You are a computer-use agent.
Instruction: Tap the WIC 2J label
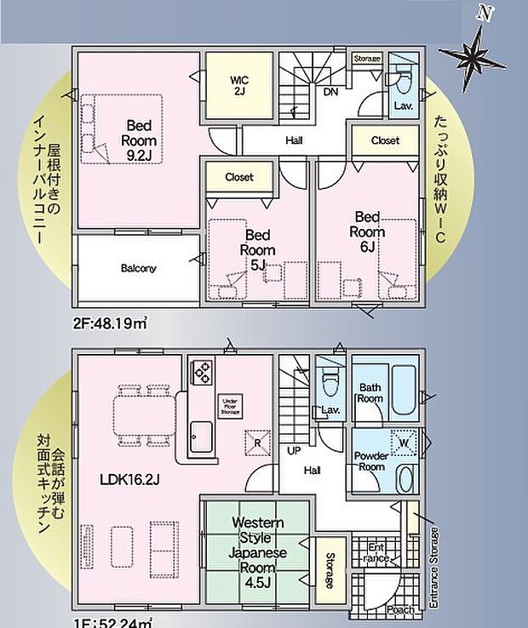tap(238, 86)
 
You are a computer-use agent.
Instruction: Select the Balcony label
tap(138, 268)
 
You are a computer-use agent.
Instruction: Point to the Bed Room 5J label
tap(257, 248)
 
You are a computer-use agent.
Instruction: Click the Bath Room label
tap(370, 392)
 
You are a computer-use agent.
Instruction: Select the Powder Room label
tap(372, 461)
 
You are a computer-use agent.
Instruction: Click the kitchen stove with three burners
tap(203, 372)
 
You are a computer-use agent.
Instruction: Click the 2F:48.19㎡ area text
tap(110, 324)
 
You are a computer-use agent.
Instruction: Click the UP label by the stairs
tap(295, 449)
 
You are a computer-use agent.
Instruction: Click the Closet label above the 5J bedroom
tap(238, 177)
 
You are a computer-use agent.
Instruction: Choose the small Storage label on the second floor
tap(367, 59)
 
